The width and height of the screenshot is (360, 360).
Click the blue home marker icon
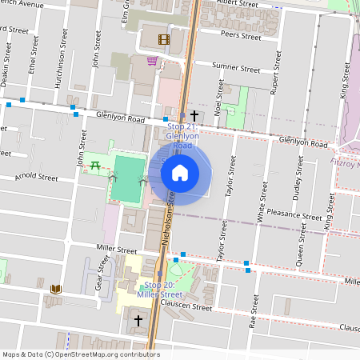pos(180,172)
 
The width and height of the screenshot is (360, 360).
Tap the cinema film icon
pos(163,39)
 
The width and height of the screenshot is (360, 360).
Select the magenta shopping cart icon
pos(152,61)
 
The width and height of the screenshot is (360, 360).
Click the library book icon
pos(56,288)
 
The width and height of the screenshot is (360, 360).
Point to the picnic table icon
pos(94,165)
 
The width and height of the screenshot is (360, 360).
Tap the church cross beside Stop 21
pos(194,116)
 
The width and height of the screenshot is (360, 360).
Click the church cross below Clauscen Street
pos(138,321)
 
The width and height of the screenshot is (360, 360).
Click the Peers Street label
pos(240,37)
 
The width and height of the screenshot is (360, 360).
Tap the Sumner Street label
pos(236,69)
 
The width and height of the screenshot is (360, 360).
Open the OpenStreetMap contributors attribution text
pos(80,354)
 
